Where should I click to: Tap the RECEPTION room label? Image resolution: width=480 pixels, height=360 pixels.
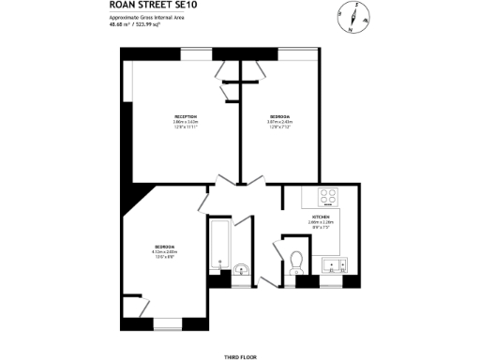coord(185,116)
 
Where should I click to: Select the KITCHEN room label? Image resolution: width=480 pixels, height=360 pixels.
coord(321,217)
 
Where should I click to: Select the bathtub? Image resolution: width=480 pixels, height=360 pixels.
coord(220,244)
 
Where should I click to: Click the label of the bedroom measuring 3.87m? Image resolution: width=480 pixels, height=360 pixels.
coord(279,116)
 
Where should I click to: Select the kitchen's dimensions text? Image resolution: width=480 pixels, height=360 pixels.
coord(321,224)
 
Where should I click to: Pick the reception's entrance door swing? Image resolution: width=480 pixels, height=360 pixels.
coord(225,183)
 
